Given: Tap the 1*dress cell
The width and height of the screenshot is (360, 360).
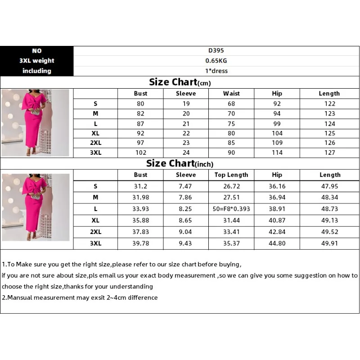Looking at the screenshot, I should point(216,71).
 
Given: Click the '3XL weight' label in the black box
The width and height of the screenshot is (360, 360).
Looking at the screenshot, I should point(37,61).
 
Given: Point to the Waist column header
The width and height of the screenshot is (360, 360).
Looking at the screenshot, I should point(231,94).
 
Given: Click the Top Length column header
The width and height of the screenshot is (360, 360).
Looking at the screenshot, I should point(231,175).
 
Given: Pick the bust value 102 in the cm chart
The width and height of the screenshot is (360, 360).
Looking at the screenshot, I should point(140,153).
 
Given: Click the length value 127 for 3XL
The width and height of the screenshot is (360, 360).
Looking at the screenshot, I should point(330,153).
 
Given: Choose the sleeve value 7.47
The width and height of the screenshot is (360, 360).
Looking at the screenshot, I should point(186,186).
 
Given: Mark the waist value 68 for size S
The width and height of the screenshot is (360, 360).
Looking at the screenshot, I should point(231,103).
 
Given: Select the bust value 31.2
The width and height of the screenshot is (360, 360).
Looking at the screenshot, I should point(140,186).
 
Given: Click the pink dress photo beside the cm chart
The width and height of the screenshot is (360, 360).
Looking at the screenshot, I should point(36,122).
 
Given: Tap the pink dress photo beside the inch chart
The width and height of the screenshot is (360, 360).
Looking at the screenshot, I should point(36,207).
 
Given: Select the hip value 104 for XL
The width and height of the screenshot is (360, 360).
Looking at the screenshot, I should point(277,133).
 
